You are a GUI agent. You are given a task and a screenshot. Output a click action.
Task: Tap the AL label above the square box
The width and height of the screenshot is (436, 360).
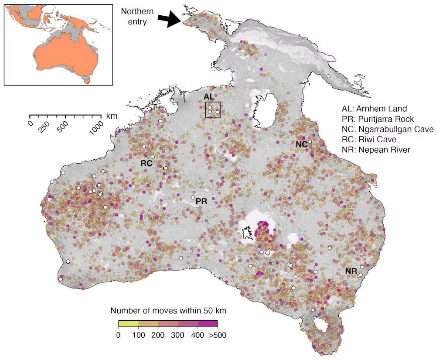209,96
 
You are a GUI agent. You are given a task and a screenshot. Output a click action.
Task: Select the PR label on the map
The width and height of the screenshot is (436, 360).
201,201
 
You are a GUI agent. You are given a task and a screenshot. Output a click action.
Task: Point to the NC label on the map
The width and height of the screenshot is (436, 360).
301,144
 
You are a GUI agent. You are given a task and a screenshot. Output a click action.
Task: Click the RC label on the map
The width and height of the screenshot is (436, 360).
146,163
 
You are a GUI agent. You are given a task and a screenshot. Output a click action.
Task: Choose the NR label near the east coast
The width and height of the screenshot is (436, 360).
351,271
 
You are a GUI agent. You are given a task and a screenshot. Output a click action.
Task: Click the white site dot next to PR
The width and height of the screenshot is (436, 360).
193,198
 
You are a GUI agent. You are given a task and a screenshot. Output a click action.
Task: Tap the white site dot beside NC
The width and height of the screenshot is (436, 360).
310,142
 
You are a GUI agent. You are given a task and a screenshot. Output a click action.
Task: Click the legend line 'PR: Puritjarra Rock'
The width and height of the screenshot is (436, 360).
378,119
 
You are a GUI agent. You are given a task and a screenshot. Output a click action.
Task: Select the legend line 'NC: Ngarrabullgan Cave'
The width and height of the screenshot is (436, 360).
388,130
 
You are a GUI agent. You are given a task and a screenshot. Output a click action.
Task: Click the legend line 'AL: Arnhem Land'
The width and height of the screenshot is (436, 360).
374,109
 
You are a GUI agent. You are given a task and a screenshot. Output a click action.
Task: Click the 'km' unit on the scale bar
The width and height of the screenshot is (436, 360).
111,116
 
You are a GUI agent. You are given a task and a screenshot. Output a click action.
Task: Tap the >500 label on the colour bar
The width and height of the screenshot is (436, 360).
217,335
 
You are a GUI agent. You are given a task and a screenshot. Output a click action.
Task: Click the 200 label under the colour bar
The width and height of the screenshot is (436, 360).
158,335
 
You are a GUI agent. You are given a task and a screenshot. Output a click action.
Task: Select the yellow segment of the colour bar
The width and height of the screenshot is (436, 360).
128,324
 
